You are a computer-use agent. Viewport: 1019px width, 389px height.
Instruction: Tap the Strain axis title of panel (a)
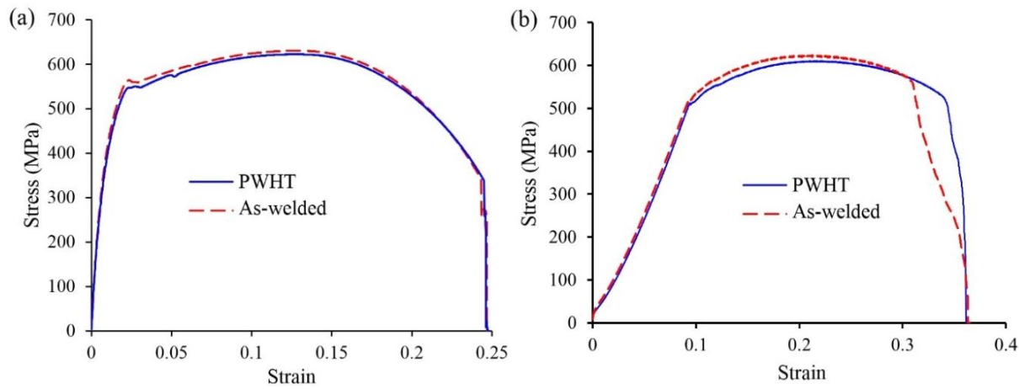pos(291,376)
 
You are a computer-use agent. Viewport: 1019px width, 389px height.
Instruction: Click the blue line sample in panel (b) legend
pos(762,184)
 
